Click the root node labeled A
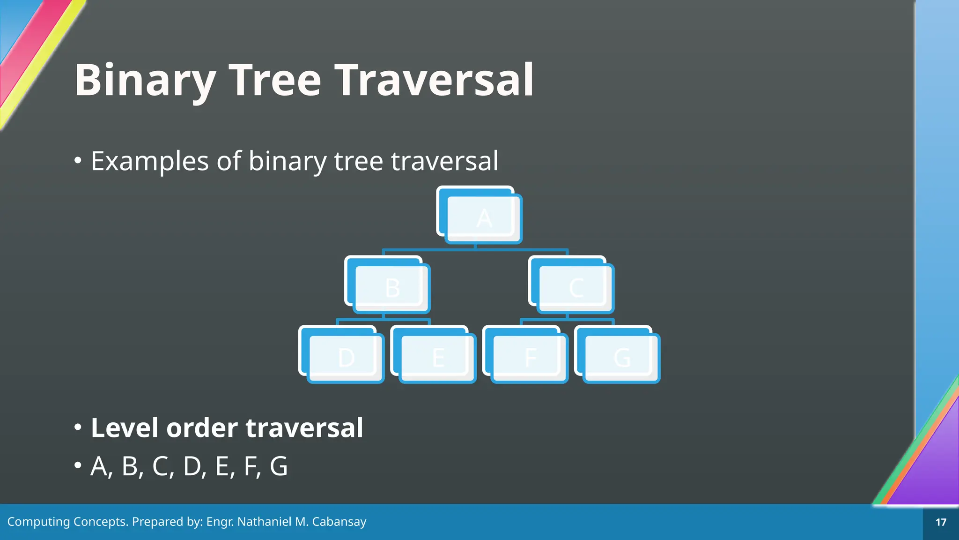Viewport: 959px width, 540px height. tap(484, 218)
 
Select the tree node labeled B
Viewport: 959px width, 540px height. tap(392, 288)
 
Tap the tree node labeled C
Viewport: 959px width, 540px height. tap(576, 288)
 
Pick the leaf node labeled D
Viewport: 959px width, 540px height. tap(346, 358)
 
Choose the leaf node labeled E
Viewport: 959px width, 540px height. tap(438, 358)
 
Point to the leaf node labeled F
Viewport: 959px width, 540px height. tap(530, 358)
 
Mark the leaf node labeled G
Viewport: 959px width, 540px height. tap(622, 358)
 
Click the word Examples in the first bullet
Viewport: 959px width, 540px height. tap(150, 161)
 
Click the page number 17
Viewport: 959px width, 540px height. tap(941, 522)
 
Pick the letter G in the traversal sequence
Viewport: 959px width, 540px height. tap(279, 467)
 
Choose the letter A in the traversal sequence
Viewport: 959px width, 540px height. tap(99, 467)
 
